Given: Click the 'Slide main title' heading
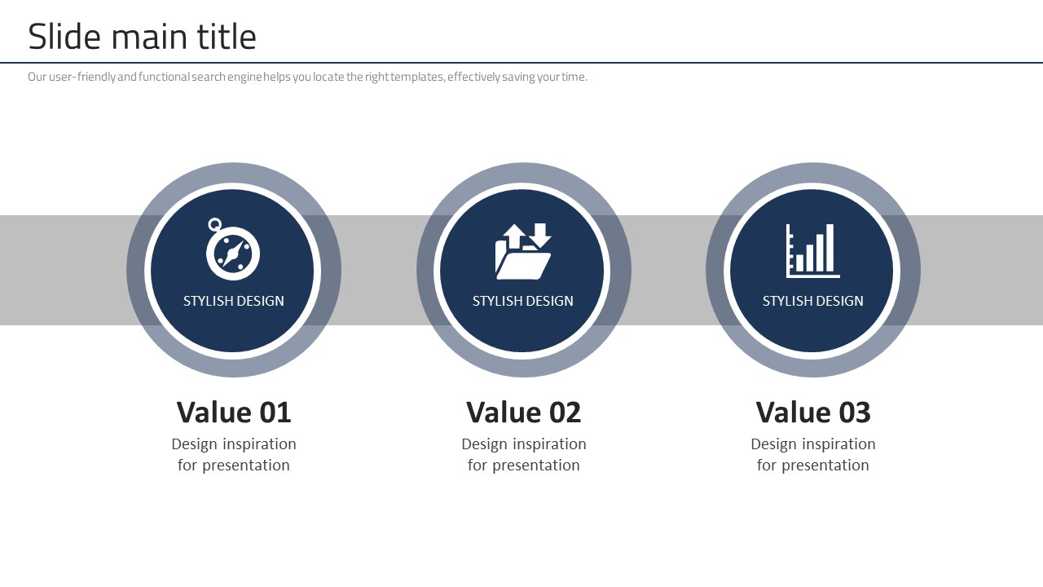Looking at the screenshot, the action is click(x=142, y=37).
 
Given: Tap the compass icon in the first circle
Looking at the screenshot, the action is click(x=233, y=249).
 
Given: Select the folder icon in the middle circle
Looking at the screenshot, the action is click(x=523, y=251).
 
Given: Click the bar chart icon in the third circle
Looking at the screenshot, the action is click(x=813, y=251).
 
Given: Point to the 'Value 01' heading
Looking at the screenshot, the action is click(x=234, y=413).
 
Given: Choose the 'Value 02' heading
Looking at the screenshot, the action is click(x=523, y=413).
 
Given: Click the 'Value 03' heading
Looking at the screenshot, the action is click(x=813, y=413).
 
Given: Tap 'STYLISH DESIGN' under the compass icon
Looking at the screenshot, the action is click(x=233, y=301).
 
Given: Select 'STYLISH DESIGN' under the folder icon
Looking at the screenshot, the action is click(x=523, y=301).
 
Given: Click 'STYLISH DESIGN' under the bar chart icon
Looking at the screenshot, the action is click(x=813, y=301).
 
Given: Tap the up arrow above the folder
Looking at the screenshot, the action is click(x=513, y=236).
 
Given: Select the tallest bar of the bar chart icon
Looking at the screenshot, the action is click(x=830, y=247).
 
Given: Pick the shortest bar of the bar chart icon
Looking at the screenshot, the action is click(x=799, y=263).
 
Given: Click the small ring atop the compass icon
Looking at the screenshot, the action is click(x=214, y=224).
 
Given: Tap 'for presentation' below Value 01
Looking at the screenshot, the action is click(x=234, y=465).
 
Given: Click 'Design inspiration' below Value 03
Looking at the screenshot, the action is click(x=813, y=444).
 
